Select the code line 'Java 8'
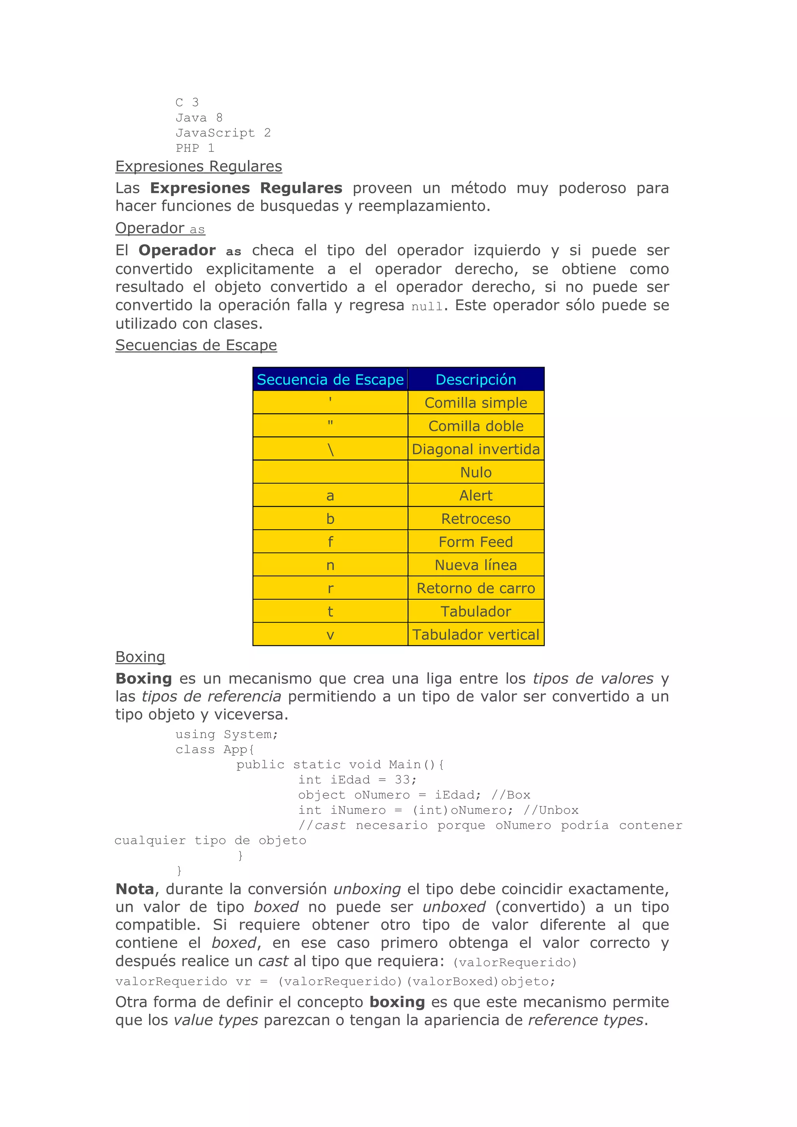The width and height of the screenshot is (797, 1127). pyautogui.click(x=199, y=118)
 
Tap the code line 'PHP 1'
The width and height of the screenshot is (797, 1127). pyautogui.click(x=195, y=148)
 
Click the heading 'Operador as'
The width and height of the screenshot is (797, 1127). pyautogui.click(x=160, y=228)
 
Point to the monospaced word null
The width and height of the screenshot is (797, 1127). pyautogui.click(x=427, y=307)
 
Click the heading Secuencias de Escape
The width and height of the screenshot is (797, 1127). pyautogui.click(x=196, y=345)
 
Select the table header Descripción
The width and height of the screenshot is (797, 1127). pyautogui.click(x=476, y=379)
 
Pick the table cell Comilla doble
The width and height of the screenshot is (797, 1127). pyautogui.click(x=476, y=426)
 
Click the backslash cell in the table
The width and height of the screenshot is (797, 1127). pyautogui.click(x=330, y=449)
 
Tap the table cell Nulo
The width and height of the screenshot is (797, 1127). pyautogui.click(x=476, y=472)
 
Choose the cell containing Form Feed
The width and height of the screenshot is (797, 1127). pyautogui.click(x=476, y=542)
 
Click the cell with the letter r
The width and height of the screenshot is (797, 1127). pyautogui.click(x=330, y=588)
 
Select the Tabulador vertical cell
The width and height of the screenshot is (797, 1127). pyautogui.click(x=476, y=635)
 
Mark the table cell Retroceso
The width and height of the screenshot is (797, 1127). pyautogui.click(x=476, y=519)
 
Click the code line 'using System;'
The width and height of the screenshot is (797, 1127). pyautogui.click(x=227, y=734)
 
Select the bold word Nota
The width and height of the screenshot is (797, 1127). pyautogui.click(x=135, y=889)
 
